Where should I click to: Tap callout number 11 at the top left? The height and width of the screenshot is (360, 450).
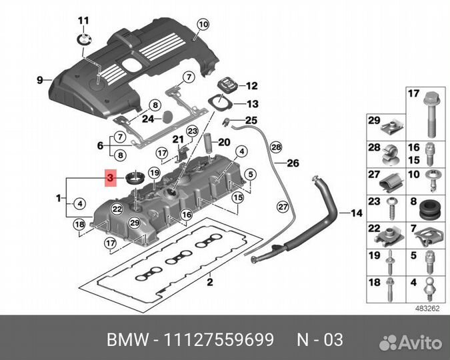pos(83,20)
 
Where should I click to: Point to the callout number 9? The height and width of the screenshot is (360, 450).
pos(39,81)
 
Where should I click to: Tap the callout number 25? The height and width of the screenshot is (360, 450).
pos(251,120)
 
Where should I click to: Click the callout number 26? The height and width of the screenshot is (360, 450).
pos(293,163)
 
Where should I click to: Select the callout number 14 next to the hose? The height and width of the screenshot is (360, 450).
pos(355,214)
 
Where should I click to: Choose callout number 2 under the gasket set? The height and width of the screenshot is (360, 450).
pos(209,283)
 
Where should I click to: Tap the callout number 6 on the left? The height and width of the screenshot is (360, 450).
pos(100,146)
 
